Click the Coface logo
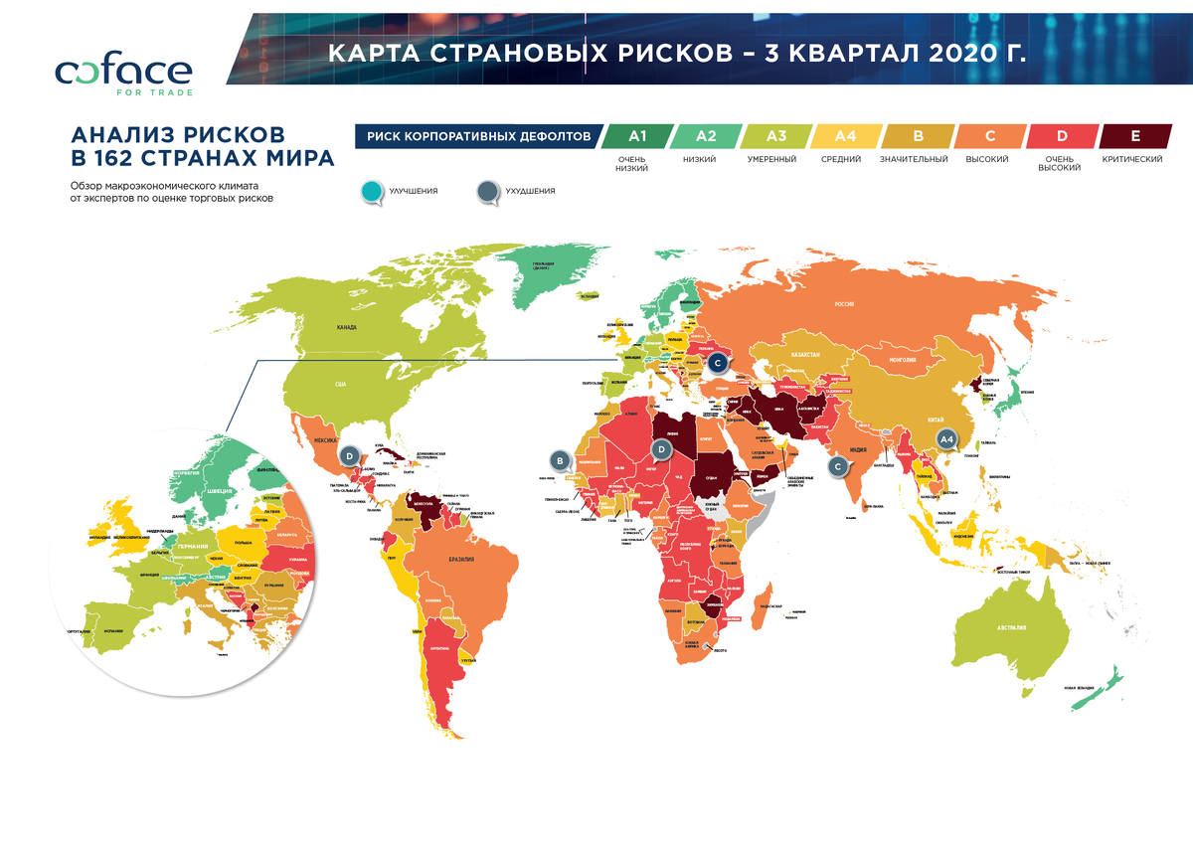(x=123, y=74)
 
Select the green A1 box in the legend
(x=637, y=136)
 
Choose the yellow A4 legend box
(x=843, y=136)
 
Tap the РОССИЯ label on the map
(x=844, y=304)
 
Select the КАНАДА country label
(x=347, y=327)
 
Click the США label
(x=340, y=384)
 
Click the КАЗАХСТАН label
(x=805, y=354)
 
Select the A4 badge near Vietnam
(x=946, y=438)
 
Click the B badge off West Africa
(x=562, y=460)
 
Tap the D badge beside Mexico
(x=349, y=455)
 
